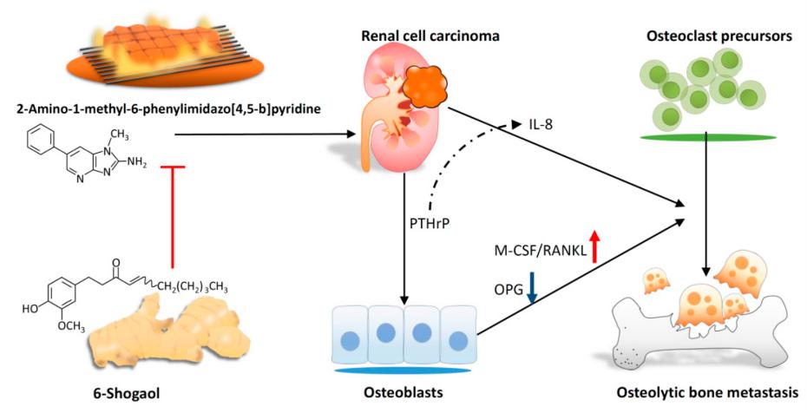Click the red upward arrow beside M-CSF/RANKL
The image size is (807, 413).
(x=594, y=246)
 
